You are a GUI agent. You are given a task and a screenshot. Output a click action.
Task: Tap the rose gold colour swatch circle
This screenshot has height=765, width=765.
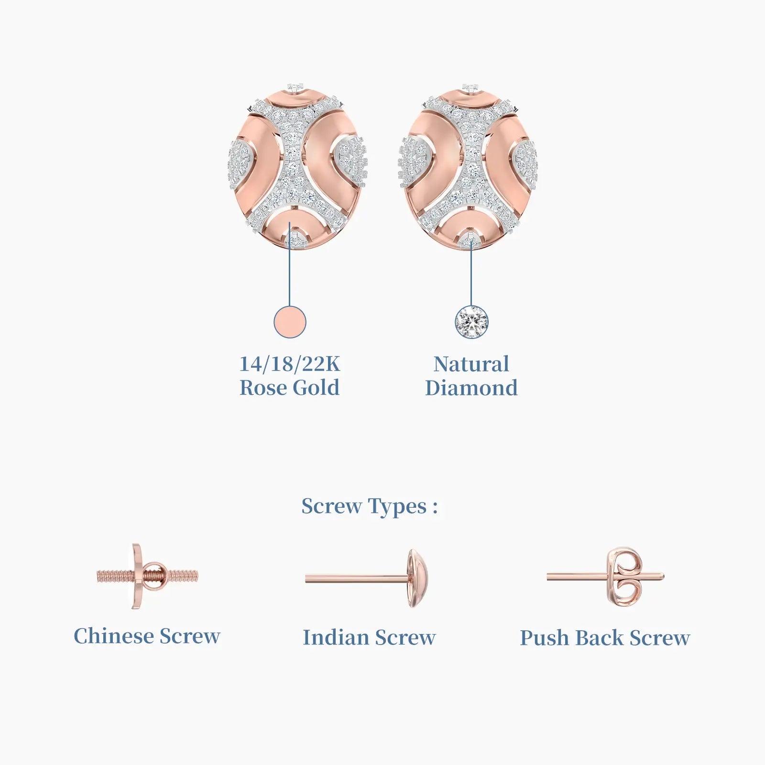[x=290, y=322]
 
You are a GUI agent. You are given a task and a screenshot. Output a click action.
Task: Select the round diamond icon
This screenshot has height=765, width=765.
[x=471, y=322]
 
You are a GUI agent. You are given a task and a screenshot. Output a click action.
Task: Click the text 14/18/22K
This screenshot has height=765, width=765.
[x=290, y=364]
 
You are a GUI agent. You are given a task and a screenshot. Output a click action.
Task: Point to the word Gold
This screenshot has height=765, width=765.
[x=316, y=388]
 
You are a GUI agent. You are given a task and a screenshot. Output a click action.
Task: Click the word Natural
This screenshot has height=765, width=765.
[x=471, y=364]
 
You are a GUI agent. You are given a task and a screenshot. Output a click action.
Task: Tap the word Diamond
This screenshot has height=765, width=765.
[x=471, y=388]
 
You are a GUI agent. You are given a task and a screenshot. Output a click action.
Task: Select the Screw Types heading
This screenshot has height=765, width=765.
[x=370, y=507]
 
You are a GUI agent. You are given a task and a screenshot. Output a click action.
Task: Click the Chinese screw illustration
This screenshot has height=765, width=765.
[x=147, y=576]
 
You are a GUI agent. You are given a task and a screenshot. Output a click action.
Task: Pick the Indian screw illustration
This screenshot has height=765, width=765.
[x=367, y=579]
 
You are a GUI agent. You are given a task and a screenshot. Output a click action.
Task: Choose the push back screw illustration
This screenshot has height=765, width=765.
[x=605, y=577]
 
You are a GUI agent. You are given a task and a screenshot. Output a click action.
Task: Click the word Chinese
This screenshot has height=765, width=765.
[x=114, y=636]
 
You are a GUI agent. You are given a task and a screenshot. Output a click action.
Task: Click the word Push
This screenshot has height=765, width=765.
[x=544, y=638]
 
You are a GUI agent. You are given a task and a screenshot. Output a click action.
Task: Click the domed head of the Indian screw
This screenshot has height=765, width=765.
[x=417, y=579]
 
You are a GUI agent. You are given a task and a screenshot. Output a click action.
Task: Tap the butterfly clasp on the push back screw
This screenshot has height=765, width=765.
[x=627, y=577]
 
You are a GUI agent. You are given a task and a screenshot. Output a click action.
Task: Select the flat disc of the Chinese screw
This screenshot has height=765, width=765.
[x=137, y=576]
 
